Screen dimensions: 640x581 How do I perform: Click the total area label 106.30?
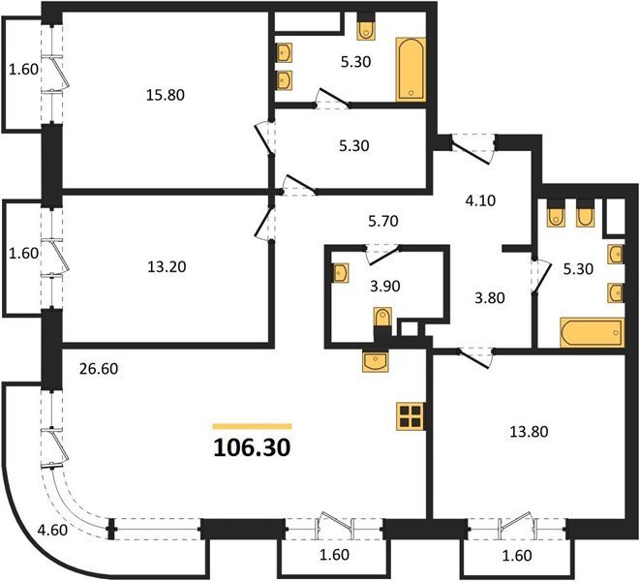[252, 447]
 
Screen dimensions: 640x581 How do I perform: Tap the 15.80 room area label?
[166, 95]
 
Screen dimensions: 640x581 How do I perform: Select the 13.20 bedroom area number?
[167, 266]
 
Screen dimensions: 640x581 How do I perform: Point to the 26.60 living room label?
[99, 369]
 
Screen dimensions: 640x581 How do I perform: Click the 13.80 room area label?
[529, 431]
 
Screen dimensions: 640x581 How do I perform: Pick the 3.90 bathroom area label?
[385, 287]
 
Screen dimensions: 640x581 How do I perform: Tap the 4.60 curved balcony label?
[52, 530]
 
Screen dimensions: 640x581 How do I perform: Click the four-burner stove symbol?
[410, 416]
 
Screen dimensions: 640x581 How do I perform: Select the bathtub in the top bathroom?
[411, 69]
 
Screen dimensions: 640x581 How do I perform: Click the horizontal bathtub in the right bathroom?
[593, 332]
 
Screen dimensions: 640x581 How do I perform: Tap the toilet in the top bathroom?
[365, 28]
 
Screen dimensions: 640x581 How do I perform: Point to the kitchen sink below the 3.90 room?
[375, 360]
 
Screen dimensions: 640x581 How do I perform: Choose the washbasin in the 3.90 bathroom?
[341, 273]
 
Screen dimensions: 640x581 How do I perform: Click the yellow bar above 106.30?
[253, 427]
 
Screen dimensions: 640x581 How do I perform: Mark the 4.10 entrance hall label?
[480, 200]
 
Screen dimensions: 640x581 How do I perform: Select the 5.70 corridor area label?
[382, 222]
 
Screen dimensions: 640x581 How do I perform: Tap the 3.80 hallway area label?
[490, 298]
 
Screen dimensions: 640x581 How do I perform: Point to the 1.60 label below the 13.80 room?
[517, 555]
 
